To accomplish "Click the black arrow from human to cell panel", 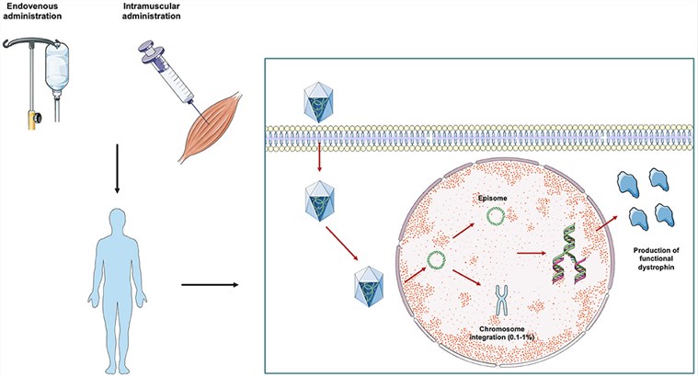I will coord(212,284).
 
